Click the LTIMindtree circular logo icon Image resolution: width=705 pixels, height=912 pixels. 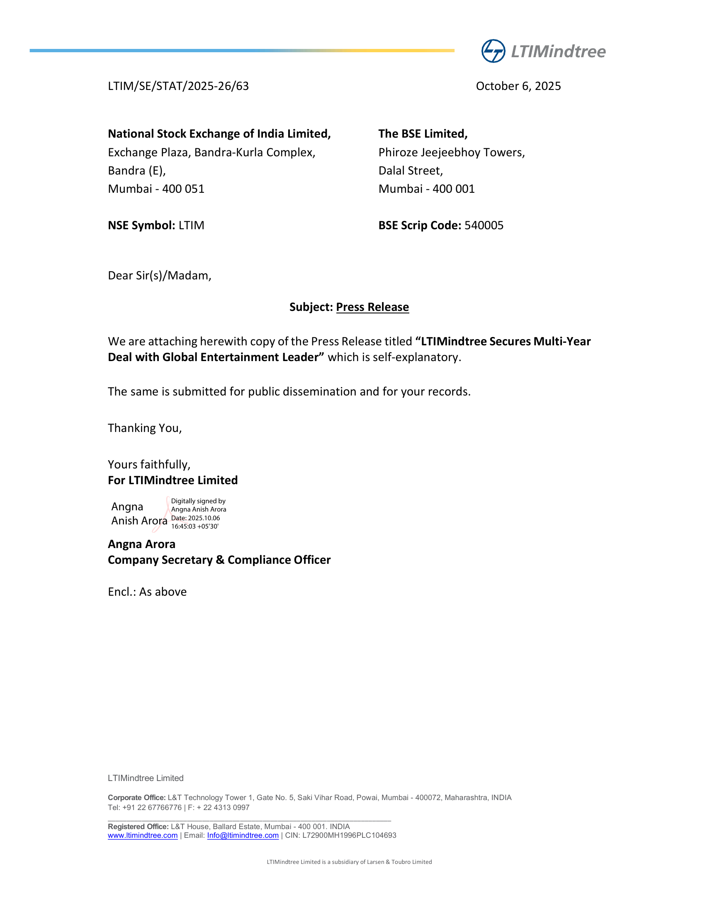(x=493, y=51)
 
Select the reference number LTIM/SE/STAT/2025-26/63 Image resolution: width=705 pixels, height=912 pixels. (x=178, y=86)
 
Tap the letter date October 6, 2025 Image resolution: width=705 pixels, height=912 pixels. (x=518, y=86)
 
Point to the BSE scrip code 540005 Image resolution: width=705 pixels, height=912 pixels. (x=484, y=225)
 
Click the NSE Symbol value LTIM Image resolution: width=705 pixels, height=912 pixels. (x=191, y=225)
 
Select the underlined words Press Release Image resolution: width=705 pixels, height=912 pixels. (x=372, y=307)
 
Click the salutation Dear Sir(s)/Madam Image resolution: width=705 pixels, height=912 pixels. (x=160, y=276)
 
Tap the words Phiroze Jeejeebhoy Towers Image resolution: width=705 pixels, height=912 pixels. (x=451, y=153)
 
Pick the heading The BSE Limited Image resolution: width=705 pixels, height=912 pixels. (x=423, y=133)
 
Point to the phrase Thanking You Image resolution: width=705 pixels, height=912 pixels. (x=144, y=428)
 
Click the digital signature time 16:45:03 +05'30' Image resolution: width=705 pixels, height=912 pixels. (x=194, y=526)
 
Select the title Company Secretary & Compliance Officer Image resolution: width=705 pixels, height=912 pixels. (x=219, y=560)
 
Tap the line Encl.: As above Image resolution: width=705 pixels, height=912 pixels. (x=147, y=592)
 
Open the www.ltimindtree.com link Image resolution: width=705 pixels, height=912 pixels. (x=142, y=835)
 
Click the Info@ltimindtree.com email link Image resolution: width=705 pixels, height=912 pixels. (x=243, y=835)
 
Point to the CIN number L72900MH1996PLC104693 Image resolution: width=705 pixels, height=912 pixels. (x=349, y=835)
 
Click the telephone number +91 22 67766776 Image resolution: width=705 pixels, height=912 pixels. (x=152, y=807)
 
